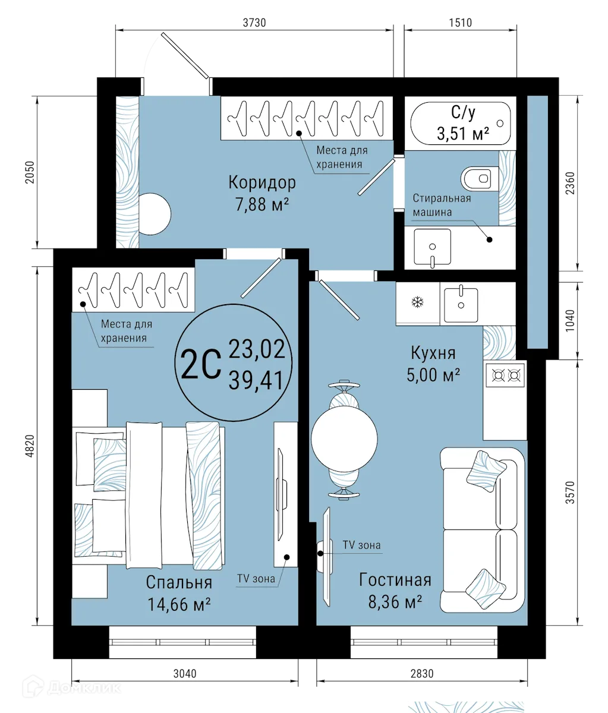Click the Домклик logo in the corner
[x=71, y=687]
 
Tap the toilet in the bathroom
[x=478, y=178]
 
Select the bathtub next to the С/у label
[x=460, y=123]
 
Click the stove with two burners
[x=506, y=375]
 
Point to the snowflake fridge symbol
[x=418, y=303]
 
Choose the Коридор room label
[x=262, y=182]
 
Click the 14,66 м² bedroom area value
[x=179, y=605]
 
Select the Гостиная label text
[x=395, y=580]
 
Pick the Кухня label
[x=433, y=353]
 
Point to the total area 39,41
[x=257, y=378]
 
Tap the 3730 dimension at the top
[x=254, y=23]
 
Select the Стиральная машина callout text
[x=442, y=205]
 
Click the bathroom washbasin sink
[x=432, y=248]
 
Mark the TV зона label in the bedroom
[x=256, y=578]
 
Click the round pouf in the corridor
[x=155, y=213]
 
